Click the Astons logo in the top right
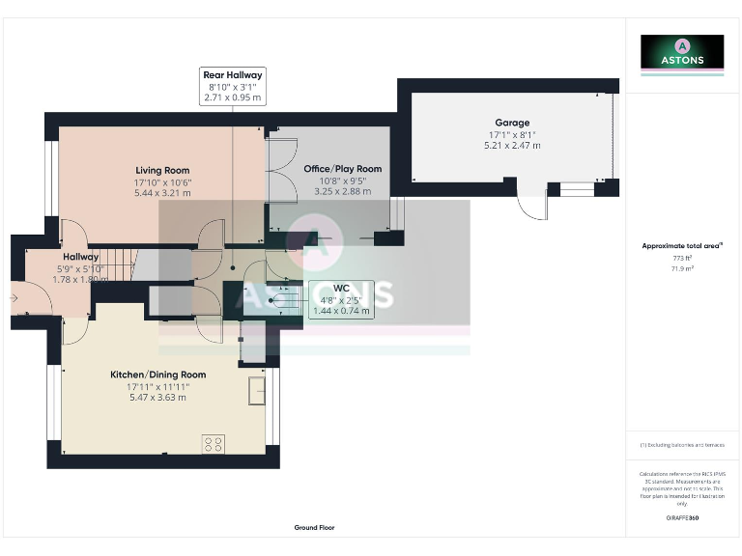pyautogui.click(x=682, y=53)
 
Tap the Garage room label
pyautogui.click(x=512, y=123)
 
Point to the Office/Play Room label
pyautogui.click(x=342, y=169)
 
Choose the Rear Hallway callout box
pyautogui.click(x=232, y=86)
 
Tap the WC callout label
pyautogui.click(x=340, y=298)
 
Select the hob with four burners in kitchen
pyautogui.click(x=214, y=444)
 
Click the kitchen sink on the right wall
pyautogui.click(x=257, y=391)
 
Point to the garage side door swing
pyautogui.click(x=532, y=206)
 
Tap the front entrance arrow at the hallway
pyautogui.click(x=13, y=299)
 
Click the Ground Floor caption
pyautogui.click(x=315, y=528)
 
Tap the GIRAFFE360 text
pyautogui.click(x=682, y=518)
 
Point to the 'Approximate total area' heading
pyautogui.click(x=681, y=246)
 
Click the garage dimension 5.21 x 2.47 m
pyautogui.click(x=512, y=146)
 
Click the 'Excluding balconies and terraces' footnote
pyautogui.click(x=682, y=445)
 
